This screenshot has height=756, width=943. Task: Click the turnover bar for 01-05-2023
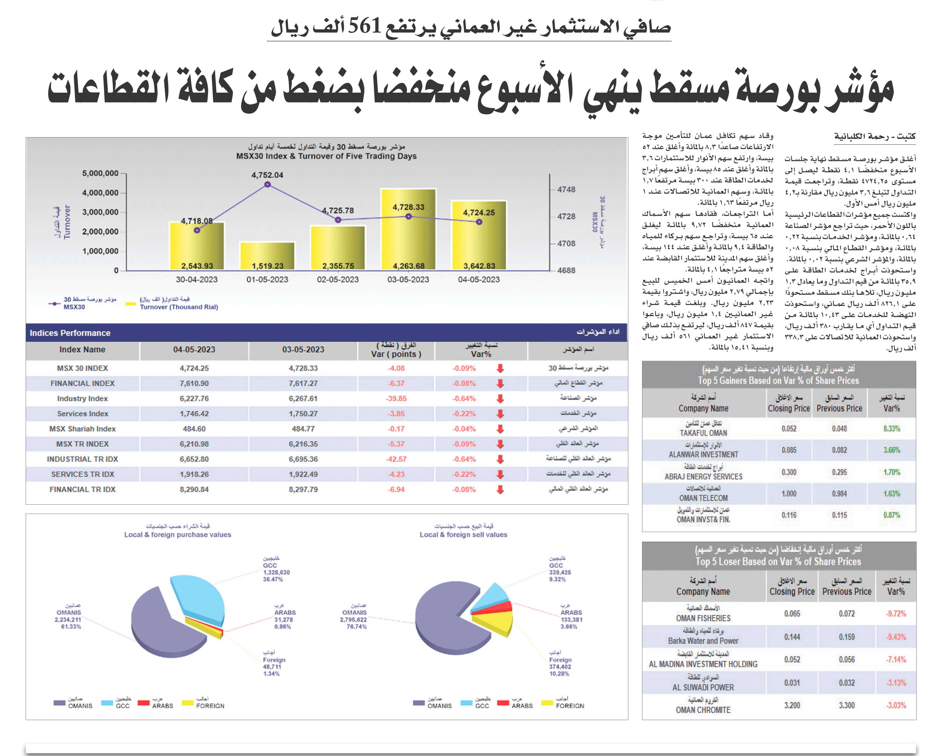point(267,256)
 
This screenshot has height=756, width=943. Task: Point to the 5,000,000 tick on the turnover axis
point(100,173)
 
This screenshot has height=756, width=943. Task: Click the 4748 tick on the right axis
point(566,189)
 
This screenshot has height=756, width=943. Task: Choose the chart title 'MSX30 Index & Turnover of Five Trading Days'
point(326,156)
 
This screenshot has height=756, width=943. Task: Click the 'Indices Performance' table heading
point(70,333)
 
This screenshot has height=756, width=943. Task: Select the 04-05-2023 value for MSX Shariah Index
point(194,429)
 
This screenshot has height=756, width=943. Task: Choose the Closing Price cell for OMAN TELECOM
point(789,494)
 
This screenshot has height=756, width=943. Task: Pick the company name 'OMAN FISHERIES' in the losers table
point(703,618)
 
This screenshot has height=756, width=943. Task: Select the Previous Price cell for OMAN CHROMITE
point(847,705)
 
